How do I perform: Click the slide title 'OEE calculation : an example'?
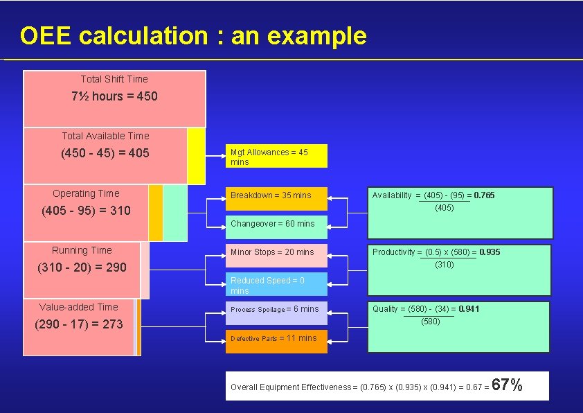[x=193, y=35]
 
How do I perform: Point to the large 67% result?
[x=508, y=385]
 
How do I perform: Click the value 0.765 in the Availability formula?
[x=484, y=195]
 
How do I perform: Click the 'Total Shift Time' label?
[x=114, y=79]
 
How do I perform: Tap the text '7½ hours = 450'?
[x=114, y=96]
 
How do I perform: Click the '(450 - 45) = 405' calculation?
[x=105, y=153]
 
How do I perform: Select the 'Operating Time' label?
[x=86, y=193]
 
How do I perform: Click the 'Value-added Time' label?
[x=78, y=307]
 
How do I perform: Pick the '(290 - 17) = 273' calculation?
[x=78, y=324]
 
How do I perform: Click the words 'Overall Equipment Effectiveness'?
[x=291, y=387]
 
